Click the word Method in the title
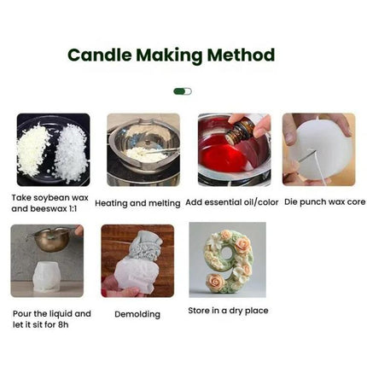click(x=244, y=55)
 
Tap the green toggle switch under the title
click(x=183, y=90)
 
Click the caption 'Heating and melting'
click(x=137, y=204)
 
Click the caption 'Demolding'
click(x=137, y=314)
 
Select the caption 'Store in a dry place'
click(x=227, y=311)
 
